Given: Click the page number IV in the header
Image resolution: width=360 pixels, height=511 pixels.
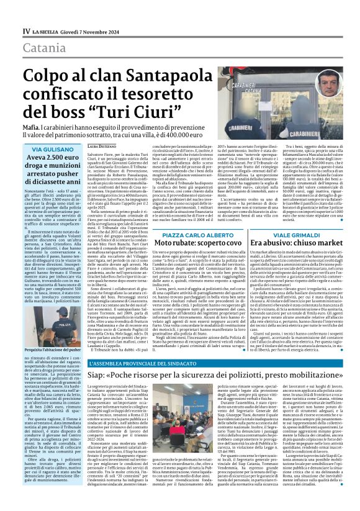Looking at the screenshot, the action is pyautogui.click(x=26, y=30).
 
